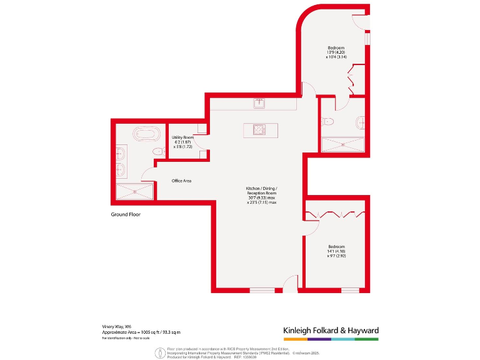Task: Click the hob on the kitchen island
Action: (x=259, y=129)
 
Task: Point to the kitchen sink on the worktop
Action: (x=259, y=102)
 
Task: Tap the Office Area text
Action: (x=181, y=181)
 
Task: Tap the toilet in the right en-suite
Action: (x=330, y=121)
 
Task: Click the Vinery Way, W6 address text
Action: (x=117, y=326)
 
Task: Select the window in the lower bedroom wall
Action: (x=351, y=290)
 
